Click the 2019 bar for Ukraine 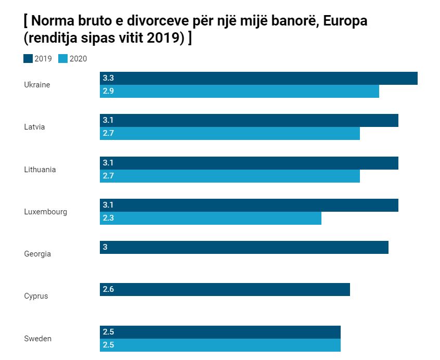click(258, 78)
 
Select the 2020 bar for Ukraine click(239, 91)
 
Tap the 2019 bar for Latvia click(249, 120)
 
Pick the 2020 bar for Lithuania click(229, 176)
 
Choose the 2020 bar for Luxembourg click(210, 218)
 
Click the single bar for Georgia click(244, 247)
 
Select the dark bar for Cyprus click(225, 289)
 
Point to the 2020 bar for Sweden click(220, 345)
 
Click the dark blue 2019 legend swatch click(28, 59)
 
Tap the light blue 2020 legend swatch click(63, 59)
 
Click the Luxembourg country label click(45, 212)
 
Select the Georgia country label click(37, 254)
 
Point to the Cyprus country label click(36, 296)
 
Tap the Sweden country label click(37, 339)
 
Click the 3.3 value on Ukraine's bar click(108, 78)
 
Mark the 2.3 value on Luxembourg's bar click(108, 218)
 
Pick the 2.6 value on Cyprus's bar click(108, 289)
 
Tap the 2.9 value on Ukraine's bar click(108, 91)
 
